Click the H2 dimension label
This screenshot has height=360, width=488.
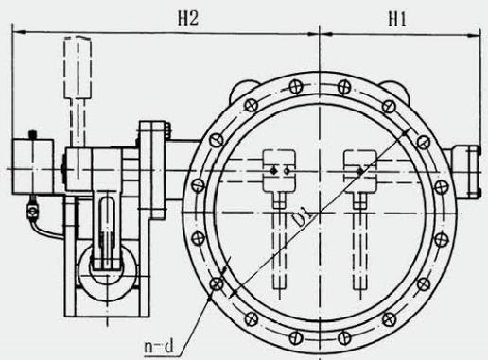pos(188,18)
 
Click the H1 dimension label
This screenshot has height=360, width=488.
pos(397,20)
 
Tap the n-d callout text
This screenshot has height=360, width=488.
pos(159,347)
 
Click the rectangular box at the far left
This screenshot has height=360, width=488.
pos(32,166)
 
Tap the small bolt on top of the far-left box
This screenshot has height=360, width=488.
pos(32,135)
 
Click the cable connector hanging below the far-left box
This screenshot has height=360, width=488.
pos(32,211)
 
